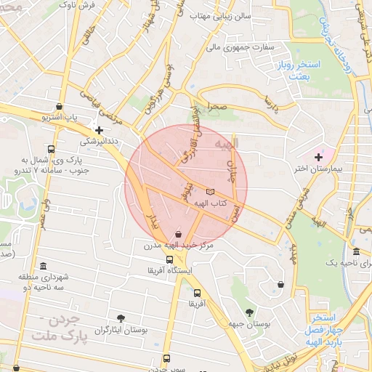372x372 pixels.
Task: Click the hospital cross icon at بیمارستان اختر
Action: [x=318, y=157]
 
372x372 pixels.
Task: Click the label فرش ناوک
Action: [x=78, y=5]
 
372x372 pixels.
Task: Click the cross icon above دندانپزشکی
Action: [x=100, y=130]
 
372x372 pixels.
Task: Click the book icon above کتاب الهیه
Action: [x=211, y=191]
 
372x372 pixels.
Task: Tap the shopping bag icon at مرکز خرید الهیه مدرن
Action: [x=179, y=234]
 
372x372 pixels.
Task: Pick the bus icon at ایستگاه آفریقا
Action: [x=169, y=259]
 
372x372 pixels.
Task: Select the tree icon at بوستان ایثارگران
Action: [x=120, y=318]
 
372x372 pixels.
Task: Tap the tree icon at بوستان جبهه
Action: [x=250, y=312]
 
